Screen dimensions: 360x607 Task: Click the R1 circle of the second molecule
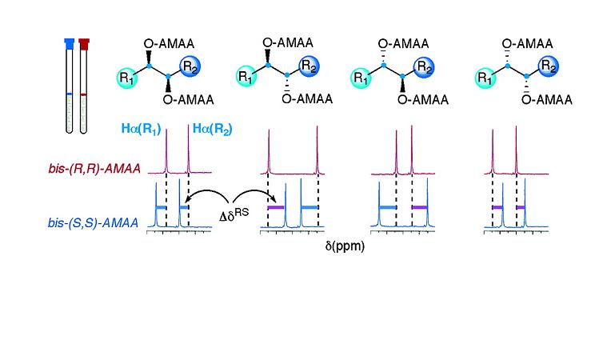tap(248, 78)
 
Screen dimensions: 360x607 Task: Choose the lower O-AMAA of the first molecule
tap(186, 100)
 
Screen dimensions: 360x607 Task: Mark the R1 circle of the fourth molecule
tap(485, 78)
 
